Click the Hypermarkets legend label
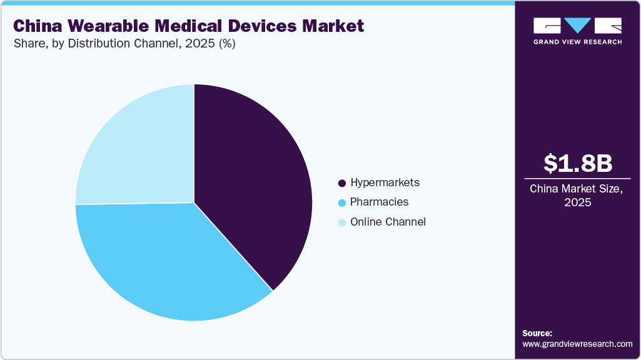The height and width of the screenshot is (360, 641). pos(385,182)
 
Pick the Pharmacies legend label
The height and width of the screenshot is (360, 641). pos(379,202)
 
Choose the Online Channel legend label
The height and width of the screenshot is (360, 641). pos(388,222)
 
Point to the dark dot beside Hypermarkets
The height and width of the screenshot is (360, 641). pos(341,183)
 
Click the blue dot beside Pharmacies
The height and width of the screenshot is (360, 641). pos(341,202)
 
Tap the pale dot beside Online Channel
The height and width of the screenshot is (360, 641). pos(341,222)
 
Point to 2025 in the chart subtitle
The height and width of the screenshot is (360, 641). pos(198,44)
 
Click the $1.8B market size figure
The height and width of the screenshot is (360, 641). pos(577,164)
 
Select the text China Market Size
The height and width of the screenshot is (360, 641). pos(577,189)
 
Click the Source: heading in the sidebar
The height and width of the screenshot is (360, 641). pos(537,333)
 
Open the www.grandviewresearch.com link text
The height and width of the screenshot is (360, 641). pos(577,344)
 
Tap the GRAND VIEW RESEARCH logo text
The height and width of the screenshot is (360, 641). pos(577,42)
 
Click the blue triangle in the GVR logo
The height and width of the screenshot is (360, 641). pos(577,25)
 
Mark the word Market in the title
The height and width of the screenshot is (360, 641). pos(331,26)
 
